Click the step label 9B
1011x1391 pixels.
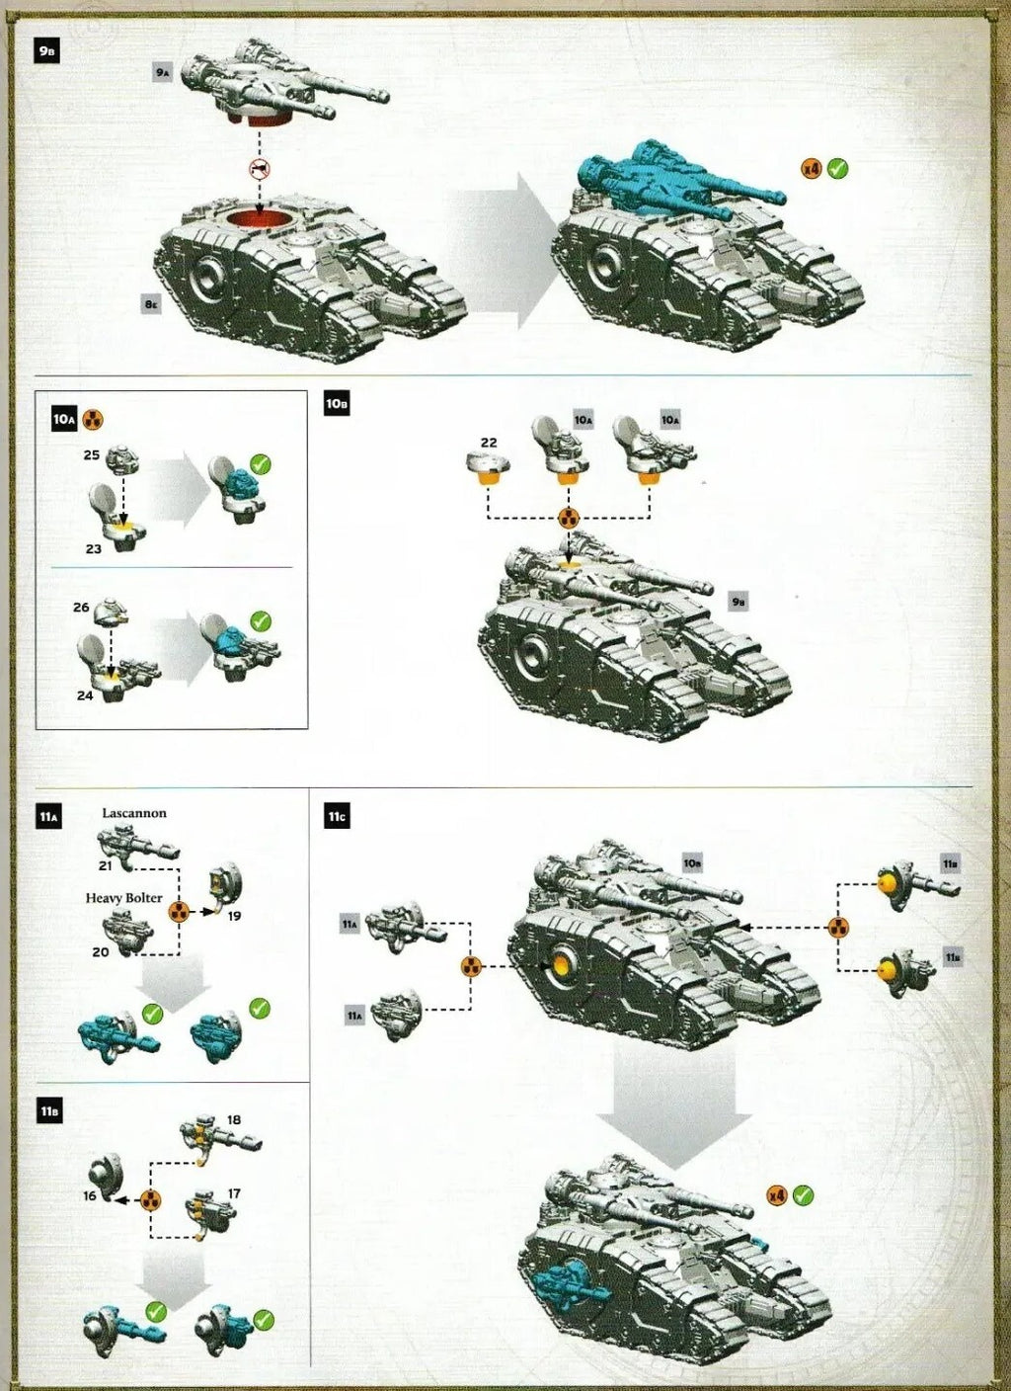pyautogui.click(x=46, y=51)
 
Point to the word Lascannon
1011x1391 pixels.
pyautogui.click(x=134, y=813)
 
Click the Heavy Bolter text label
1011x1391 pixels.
pyautogui.click(x=123, y=898)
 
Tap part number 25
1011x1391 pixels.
pyautogui.click(x=92, y=455)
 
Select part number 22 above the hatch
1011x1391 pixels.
pyautogui.click(x=489, y=443)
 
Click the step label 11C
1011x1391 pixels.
pyautogui.click(x=337, y=817)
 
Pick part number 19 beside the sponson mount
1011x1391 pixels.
pyautogui.click(x=234, y=916)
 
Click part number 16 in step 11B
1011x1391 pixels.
pyautogui.click(x=90, y=1195)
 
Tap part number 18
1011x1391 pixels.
pyautogui.click(x=234, y=1119)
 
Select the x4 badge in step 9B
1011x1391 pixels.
pyautogui.click(x=811, y=169)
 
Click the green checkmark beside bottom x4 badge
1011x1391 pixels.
pyautogui.click(x=804, y=1195)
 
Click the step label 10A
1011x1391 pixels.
pyautogui.click(x=63, y=420)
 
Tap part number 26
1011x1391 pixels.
pyautogui.click(x=81, y=608)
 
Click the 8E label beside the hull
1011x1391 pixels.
pyautogui.click(x=150, y=304)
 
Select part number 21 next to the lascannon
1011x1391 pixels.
pyautogui.click(x=105, y=865)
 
